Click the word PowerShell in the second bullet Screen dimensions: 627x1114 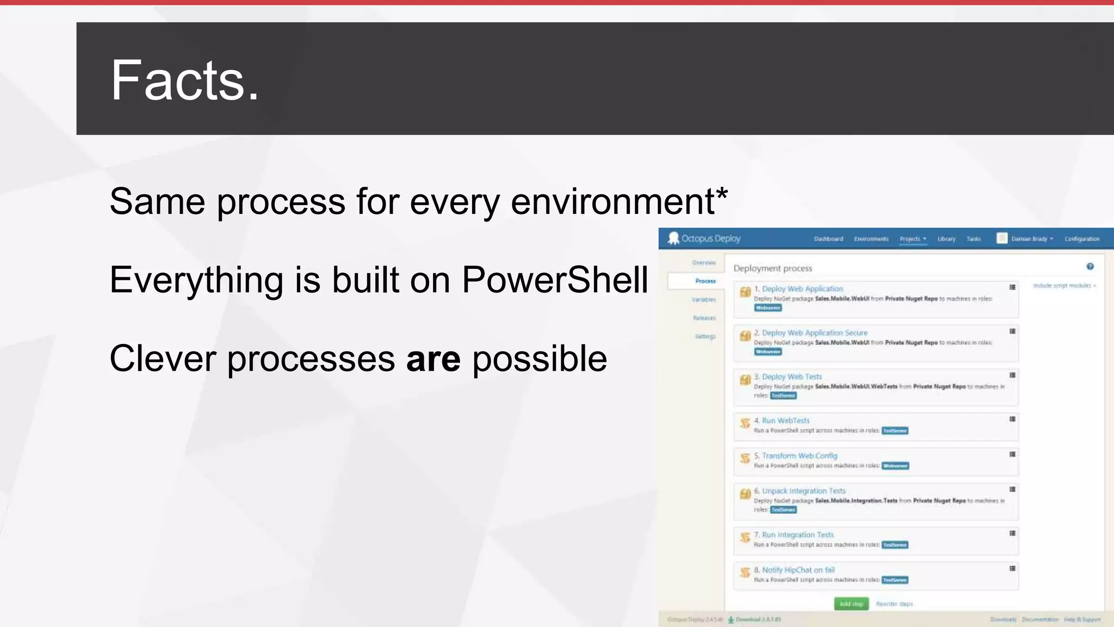[555, 280]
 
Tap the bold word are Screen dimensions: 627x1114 [433, 359]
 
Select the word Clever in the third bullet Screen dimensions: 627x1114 [163, 359]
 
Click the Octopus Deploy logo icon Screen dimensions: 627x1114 [673, 238]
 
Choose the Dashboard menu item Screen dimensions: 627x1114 [828, 239]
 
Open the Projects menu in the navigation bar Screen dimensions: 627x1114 [912, 239]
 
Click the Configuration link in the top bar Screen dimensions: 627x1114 [1081, 239]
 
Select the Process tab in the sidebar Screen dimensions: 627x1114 [705, 281]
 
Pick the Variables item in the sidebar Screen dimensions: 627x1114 [703, 300]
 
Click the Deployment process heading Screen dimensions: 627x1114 [772, 268]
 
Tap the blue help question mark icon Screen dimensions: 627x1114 [1090, 266]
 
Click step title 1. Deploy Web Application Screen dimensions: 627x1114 [802, 289]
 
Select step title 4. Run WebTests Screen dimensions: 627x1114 [785, 421]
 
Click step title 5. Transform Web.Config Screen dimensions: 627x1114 [799, 456]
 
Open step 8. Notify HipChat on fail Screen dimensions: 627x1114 [797, 570]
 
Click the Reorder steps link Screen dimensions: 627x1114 [894, 604]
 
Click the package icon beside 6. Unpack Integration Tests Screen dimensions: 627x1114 [745, 494]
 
